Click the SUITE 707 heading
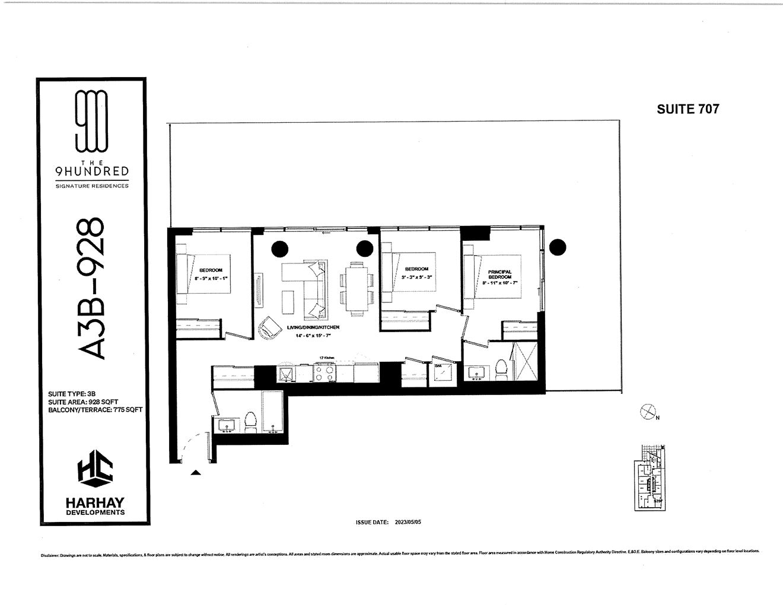coord(687,109)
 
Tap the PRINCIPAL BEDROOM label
coord(499,275)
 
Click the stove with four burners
coord(325,373)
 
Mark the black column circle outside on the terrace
coord(558,247)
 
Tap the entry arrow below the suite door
coord(195,473)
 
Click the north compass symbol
coord(648,411)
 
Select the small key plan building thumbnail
coord(651,477)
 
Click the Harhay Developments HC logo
coord(95,471)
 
